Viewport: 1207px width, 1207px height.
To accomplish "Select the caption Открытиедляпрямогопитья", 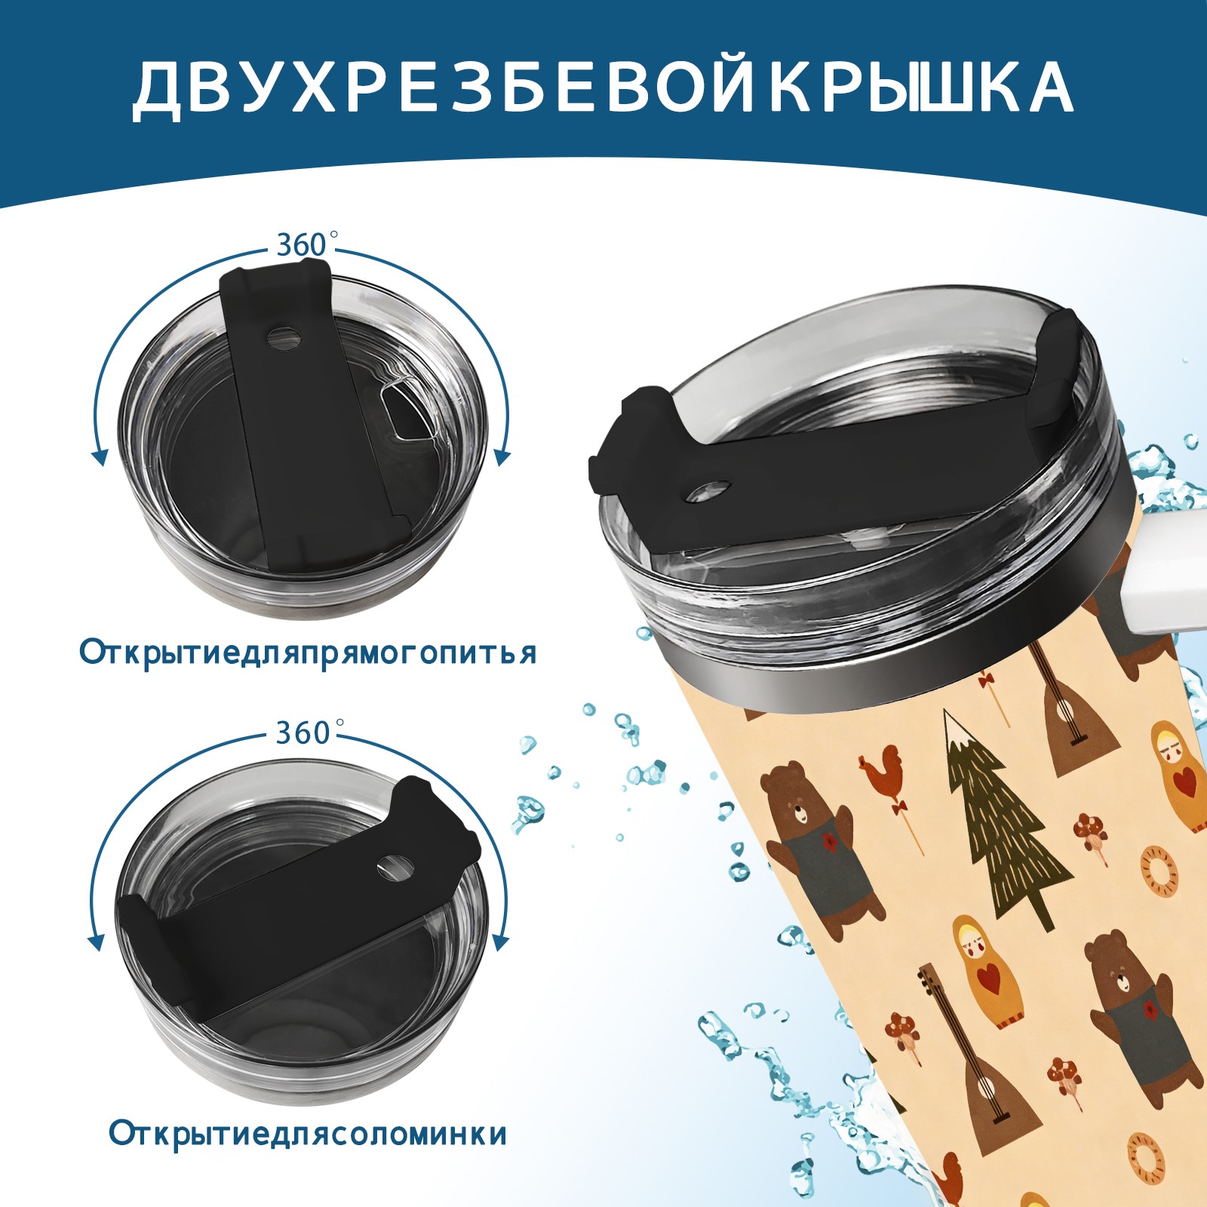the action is click(308, 653).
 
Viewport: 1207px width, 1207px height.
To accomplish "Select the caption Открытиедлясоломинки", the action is click(308, 1134).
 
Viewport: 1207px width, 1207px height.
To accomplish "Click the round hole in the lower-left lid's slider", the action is click(394, 867).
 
